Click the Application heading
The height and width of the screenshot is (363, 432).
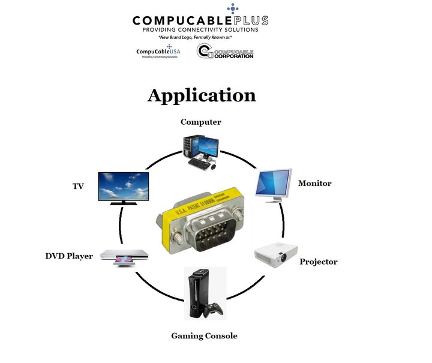point(202,95)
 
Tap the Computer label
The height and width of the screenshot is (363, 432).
point(201,122)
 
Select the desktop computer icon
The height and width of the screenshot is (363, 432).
point(200,149)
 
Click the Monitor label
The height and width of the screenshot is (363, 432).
point(314,183)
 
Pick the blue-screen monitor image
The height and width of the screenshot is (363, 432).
point(273,184)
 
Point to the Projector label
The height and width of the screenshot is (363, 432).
point(318,262)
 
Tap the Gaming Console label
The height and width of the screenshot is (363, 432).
point(204,335)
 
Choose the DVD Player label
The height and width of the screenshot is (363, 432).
point(69,256)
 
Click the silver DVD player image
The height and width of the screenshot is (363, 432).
point(122,257)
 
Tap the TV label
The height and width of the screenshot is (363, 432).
point(78,187)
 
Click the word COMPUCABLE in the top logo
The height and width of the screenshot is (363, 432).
point(179,20)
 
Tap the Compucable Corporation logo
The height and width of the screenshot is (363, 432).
point(225,52)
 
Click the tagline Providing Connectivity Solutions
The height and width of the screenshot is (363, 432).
point(200,29)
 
